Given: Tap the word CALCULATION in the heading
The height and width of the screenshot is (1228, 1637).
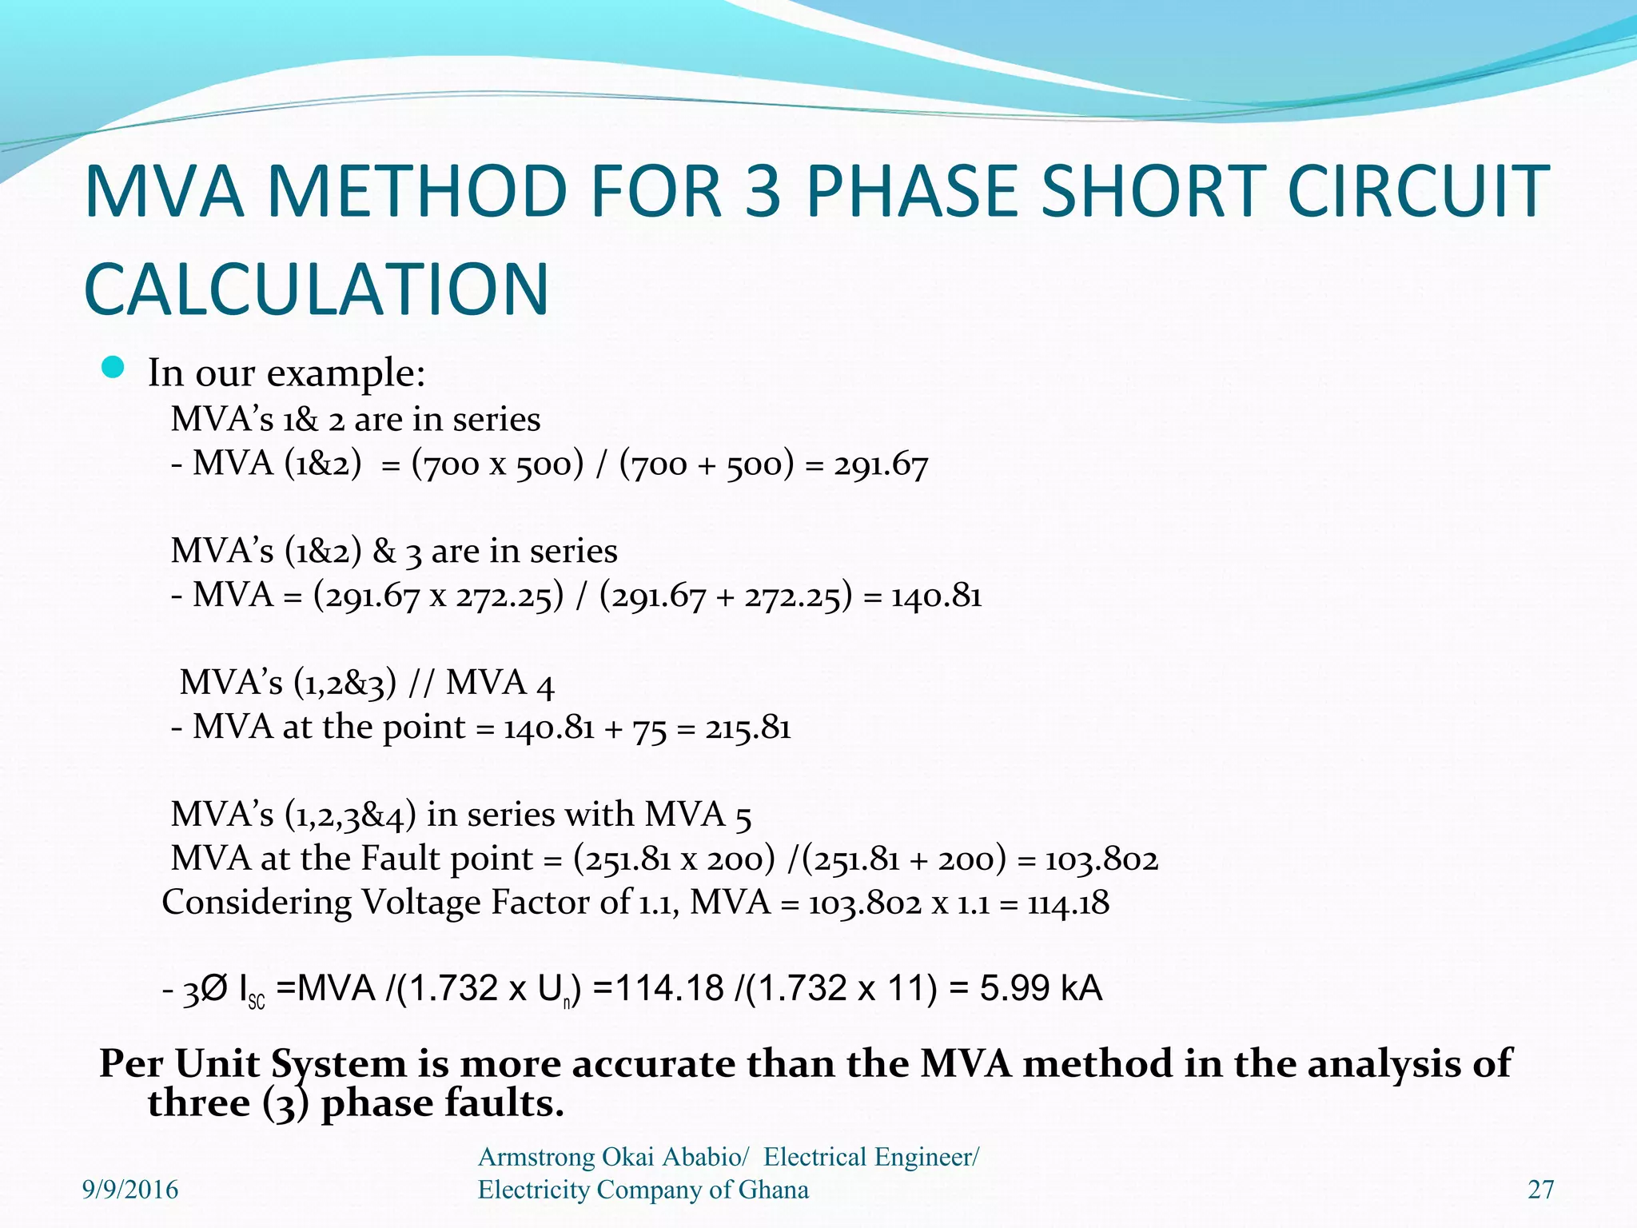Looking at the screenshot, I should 317,289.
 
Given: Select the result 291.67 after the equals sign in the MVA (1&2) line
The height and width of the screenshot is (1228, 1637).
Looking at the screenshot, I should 881,464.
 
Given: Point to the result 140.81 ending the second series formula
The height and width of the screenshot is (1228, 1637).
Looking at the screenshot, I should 936,596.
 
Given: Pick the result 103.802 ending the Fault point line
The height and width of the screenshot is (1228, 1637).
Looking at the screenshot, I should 1101,859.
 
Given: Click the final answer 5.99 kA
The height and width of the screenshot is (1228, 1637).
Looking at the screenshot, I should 1041,989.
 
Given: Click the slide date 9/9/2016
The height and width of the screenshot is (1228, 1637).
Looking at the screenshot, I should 130,1190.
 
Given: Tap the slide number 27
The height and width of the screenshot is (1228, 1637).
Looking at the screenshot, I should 1540,1190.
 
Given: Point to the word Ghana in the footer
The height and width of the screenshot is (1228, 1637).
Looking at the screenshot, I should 773,1190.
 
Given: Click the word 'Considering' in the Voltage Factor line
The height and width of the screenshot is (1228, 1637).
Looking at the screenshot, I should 256,903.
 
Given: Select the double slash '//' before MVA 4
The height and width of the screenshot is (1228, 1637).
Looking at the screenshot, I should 421,683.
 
